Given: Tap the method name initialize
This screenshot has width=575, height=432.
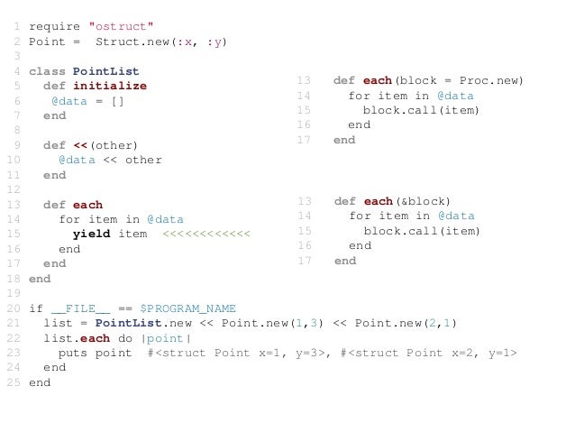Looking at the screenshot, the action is (109, 86).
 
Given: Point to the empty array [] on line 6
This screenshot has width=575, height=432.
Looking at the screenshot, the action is (117, 101).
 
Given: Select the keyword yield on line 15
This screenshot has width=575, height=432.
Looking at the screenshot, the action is (91, 234).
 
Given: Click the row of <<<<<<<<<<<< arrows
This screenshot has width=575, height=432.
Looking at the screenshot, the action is (206, 234).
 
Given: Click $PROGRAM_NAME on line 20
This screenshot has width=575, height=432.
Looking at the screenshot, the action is (187, 308).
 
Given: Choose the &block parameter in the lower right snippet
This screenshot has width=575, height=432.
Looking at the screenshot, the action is (422, 201).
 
